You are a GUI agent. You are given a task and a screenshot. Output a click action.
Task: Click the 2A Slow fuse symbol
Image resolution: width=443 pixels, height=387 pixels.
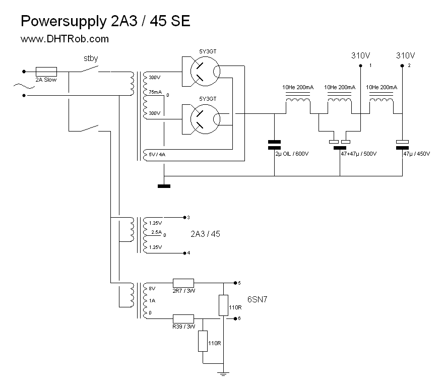click(46, 72)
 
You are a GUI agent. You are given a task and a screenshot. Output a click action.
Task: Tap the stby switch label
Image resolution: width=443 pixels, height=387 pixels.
click(91, 58)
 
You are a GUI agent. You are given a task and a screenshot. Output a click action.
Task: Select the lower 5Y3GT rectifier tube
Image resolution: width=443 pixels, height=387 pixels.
click(201, 118)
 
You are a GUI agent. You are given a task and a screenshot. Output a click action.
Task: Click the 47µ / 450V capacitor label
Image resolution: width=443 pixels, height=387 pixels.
click(417, 154)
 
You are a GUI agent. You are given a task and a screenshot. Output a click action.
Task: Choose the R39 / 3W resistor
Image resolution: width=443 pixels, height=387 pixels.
click(183, 318)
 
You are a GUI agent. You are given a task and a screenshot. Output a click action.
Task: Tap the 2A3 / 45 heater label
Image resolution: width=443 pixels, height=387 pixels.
click(205, 234)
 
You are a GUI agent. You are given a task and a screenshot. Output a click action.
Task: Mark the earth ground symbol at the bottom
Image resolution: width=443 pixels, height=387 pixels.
click(222, 373)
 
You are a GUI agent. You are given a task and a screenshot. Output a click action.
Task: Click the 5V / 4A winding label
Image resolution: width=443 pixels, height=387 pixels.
click(157, 154)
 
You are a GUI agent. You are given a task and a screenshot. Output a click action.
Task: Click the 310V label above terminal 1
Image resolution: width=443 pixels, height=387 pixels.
click(360, 55)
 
